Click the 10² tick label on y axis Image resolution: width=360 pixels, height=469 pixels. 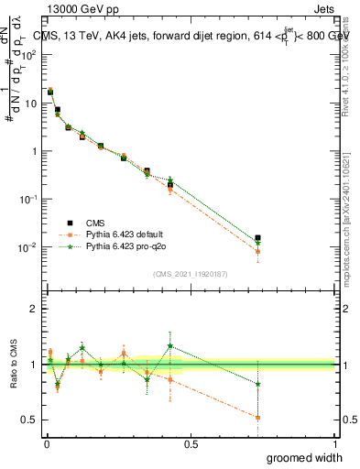[30, 55]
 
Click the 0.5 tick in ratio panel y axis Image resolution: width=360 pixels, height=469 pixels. [30, 420]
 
